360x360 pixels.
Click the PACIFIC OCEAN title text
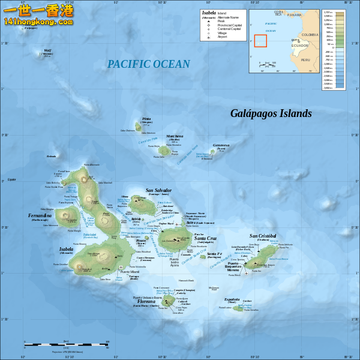[148, 64]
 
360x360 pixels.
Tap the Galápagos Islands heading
[271, 113]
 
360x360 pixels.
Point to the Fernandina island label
[40, 215]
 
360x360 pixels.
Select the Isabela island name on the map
[66, 248]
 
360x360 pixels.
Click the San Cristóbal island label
[263, 236]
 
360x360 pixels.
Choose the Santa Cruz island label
[205, 238]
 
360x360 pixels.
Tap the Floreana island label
[146, 301]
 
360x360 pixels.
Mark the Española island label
[232, 299]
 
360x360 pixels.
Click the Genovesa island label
[221, 145]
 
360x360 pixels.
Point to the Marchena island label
[175, 136]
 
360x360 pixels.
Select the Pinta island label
[146, 119]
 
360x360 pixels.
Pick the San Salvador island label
[158, 190]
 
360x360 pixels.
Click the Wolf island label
[47, 50]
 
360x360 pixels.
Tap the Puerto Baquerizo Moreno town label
[233, 266]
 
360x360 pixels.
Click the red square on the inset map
[260, 41]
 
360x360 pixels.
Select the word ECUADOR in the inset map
[299, 46]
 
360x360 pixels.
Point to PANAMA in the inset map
[294, 15]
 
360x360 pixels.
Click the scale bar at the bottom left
[66, 344]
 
